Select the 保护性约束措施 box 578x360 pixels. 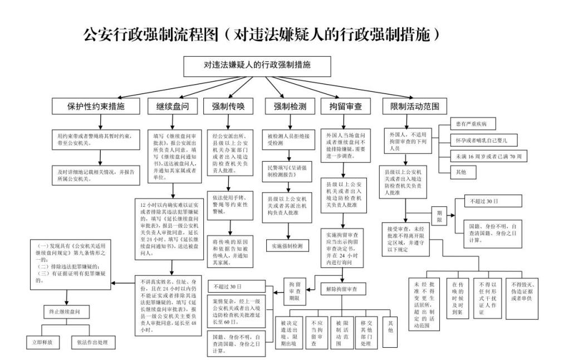(96, 106)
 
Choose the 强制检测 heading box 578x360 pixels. (288, 106)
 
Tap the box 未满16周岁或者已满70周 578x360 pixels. (488, 157)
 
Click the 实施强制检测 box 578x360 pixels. (287, 245)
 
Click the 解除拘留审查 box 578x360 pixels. (342, 289)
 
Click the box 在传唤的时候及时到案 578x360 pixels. (457, 298)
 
